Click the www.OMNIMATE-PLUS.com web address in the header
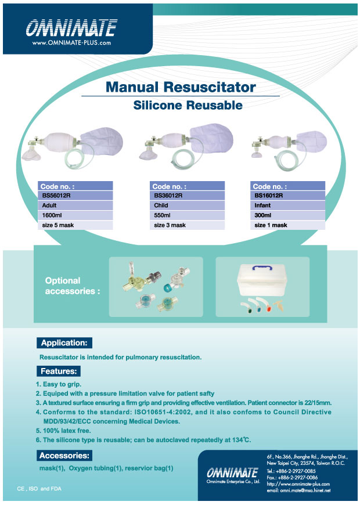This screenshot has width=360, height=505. [x=71, y=42]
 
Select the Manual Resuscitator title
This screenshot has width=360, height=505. [x=180, y=87]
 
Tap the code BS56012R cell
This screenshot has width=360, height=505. [x=75, y=196]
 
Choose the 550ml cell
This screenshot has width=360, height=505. [x=186, y=215]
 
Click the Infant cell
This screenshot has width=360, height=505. [x=287, y=205]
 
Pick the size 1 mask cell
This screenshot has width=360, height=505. [x=287, y=225]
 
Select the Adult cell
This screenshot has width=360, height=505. [x=75, y=205]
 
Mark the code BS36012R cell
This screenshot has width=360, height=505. [x=186, y=196]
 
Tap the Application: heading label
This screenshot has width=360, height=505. [x=64, y=342]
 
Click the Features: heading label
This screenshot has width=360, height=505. [x=59, y=370]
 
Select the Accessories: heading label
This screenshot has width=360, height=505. [x=64, y=456]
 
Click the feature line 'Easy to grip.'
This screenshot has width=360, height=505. [x=60, y=384]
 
